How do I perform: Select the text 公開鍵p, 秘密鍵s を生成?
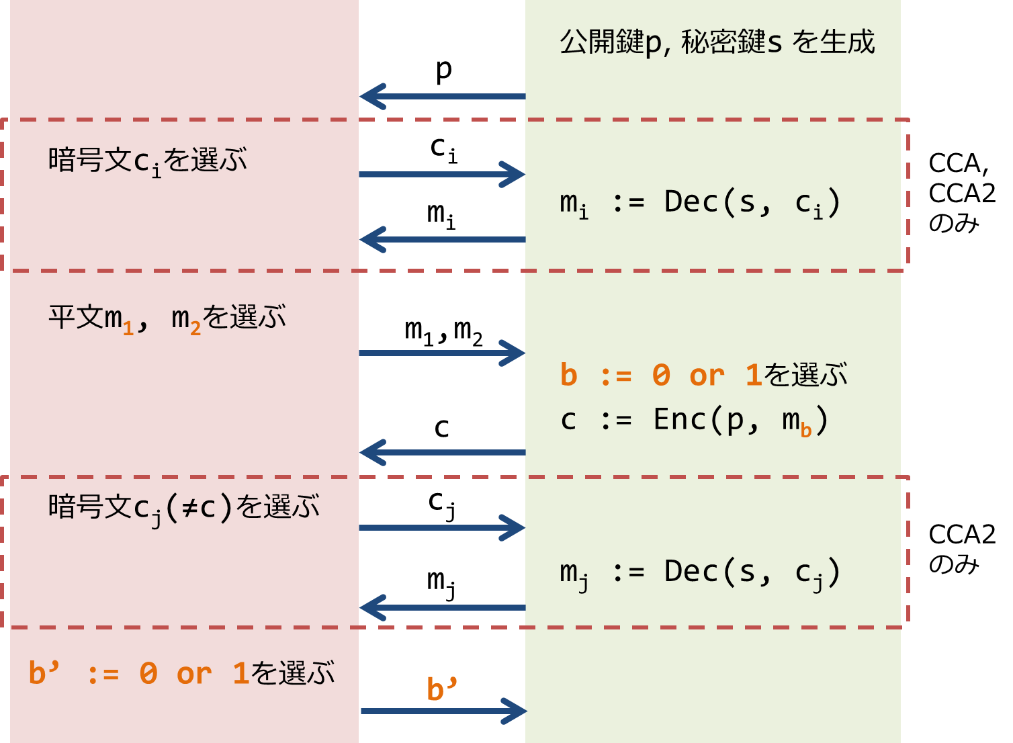[x=717, y=42]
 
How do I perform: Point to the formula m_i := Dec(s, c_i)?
[x=699, y=203]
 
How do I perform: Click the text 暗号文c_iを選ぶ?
[x=148, y=161]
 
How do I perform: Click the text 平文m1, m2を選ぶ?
[x=167, y=318]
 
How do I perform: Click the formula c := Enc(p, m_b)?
[x=694, y=421]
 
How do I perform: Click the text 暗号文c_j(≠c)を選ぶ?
[x=183, y=508]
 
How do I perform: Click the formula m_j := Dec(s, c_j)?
[x=699, y=573]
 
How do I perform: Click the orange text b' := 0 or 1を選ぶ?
[x=181, y=673]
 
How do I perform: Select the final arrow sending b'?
[x=443, y=711]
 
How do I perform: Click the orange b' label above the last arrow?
[x=441, y=689]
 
